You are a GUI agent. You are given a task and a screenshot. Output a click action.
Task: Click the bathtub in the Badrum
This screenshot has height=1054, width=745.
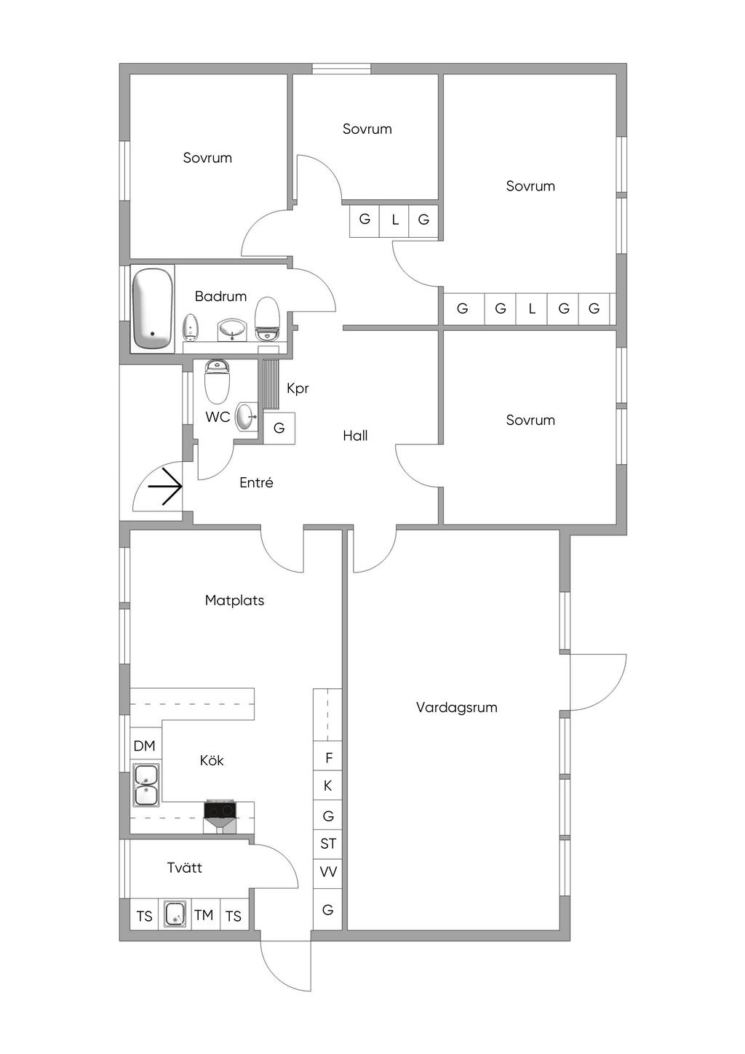[152, 308]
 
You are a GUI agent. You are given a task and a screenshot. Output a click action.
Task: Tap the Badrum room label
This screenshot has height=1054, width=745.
[220, 297]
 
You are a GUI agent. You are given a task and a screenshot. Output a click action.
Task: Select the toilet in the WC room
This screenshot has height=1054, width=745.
[217, 380]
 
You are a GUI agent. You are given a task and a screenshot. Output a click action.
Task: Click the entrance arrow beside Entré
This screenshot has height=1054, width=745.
[164, 487]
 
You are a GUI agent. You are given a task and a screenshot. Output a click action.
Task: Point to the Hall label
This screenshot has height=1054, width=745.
[355, 436]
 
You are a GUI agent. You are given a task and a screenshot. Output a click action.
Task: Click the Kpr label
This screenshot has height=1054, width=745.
[298, 388]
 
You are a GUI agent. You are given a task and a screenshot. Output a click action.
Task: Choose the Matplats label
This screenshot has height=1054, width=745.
[234, 600]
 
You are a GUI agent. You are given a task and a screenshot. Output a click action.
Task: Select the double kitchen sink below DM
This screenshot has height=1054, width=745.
[147, 784]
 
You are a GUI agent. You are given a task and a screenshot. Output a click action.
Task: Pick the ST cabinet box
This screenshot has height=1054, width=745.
[327, 844]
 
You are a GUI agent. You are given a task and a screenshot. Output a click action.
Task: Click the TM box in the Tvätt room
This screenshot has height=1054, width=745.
[204, 915]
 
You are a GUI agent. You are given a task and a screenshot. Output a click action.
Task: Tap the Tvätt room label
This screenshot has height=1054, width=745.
[185, 868]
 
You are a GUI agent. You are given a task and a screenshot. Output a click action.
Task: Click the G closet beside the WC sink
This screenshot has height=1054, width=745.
[279, 428]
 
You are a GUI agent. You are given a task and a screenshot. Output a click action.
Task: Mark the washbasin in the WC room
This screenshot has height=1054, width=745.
[246, 416]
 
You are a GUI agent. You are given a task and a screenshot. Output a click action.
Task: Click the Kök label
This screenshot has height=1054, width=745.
[212, 760]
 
